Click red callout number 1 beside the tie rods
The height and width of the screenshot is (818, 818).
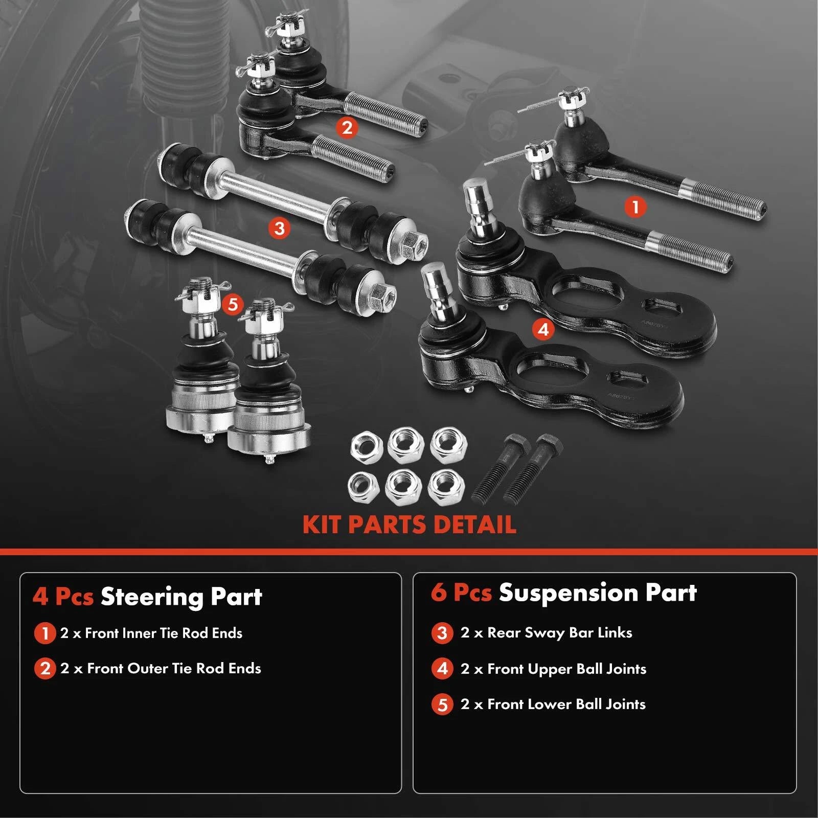[635, 207]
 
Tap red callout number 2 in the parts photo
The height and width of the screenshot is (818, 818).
[347, 127]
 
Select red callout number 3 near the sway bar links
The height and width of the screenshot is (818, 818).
[279, 228]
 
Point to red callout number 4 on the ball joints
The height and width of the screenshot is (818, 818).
[543, 329]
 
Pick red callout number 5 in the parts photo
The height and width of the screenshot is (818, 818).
[233, 304]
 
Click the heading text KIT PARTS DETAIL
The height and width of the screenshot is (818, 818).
[409, 525]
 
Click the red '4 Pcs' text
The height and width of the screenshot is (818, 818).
[63, 597]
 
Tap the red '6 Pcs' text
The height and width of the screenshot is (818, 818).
[461, 593]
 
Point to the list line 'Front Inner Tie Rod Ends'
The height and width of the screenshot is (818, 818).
[151, 633]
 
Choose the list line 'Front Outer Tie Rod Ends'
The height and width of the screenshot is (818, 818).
[161, 668]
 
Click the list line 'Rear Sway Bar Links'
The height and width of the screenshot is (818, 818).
[546, 633]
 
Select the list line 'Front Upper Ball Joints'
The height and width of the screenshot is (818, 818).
[553, 669]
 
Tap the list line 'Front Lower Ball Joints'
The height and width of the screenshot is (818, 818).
[553, 704]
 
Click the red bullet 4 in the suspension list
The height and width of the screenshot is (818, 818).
[442, 669]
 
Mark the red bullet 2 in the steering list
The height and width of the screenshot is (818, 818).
[45, 668]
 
